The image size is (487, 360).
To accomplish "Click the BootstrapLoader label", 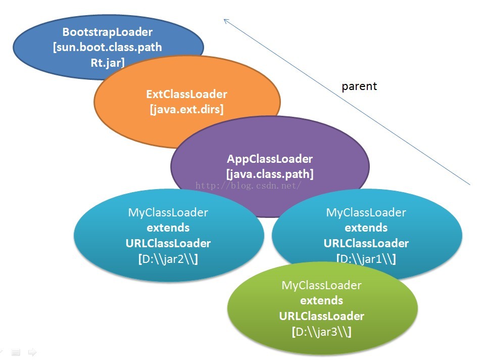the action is [x=108, y=32].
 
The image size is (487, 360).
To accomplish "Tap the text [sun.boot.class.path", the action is [x=108, y=48].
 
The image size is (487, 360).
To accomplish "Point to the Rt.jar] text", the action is [x=108, y=63].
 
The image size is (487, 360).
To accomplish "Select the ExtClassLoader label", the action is [x=186, y=94].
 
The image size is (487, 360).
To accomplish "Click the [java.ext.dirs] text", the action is [x=186, y=109].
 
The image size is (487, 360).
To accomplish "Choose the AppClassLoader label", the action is [x=270, y=159].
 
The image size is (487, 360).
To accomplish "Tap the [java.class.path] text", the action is [x=270, y=174].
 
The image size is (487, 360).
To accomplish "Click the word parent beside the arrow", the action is [x=359, y=86].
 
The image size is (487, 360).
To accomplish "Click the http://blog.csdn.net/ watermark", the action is [x=248, y=186].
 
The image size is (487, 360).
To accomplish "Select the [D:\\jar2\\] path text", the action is [x=168, y=259].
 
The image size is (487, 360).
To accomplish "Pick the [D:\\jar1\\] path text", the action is [x=366, y=259].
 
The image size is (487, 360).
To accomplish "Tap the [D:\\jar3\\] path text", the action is [x=321, y=332].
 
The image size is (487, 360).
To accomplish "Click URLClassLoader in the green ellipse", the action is [x=321, y=316].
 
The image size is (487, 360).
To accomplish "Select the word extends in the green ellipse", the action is [x=321, y=301].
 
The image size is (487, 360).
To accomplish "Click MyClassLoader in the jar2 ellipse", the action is [x=168, y=213].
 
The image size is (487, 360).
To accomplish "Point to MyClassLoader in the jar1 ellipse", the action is [x=366, y=213].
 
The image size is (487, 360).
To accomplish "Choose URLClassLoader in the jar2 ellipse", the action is [x=168, y=243].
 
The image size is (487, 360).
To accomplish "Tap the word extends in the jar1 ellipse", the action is [x=366, y=228].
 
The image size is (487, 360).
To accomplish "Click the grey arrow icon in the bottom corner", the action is [x=32, y=352].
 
